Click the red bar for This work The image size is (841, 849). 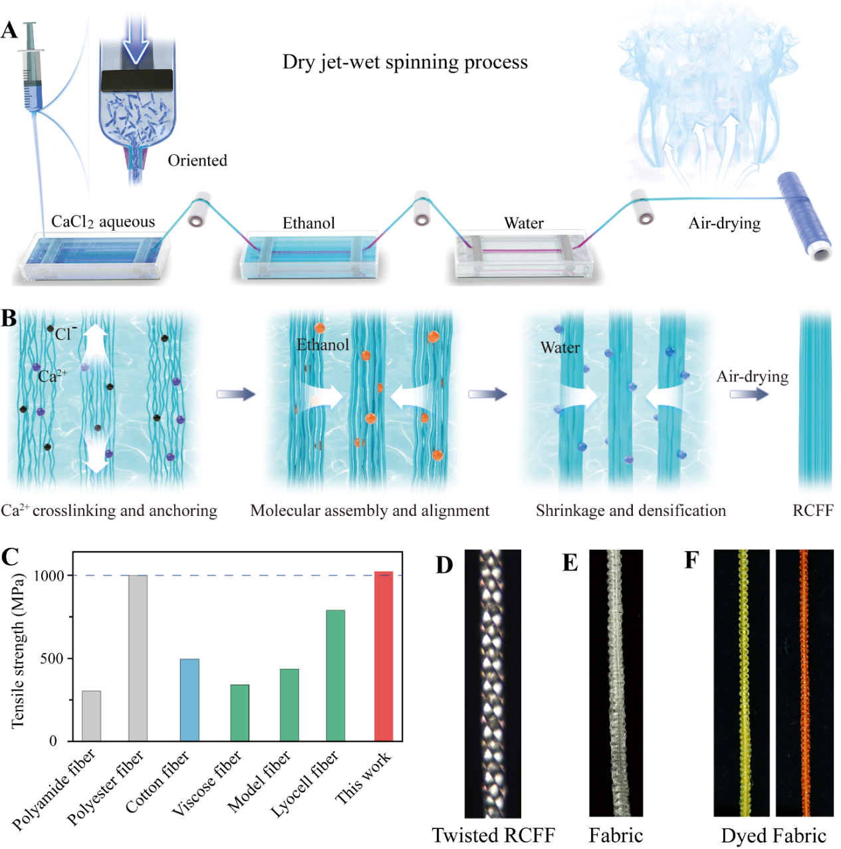click(x=384, y=656)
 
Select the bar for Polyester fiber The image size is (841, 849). click(x=138, y=658)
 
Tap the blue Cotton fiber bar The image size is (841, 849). click(x=189, y=699)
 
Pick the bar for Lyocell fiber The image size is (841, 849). click(x=335, y=675)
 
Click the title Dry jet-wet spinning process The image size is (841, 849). click(x=405, y=62)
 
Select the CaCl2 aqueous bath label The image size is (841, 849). click(x=103, y=222)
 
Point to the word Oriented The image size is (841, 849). click(x=197, y=161)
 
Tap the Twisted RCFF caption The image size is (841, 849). click(x=493, y=835)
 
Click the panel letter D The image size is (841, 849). click(x=444, y=565)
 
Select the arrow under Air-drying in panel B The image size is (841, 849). click(x=749, y=395)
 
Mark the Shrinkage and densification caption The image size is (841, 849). click(x=631, y=511)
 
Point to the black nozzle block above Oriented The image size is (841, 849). click(x=137, y=80)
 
